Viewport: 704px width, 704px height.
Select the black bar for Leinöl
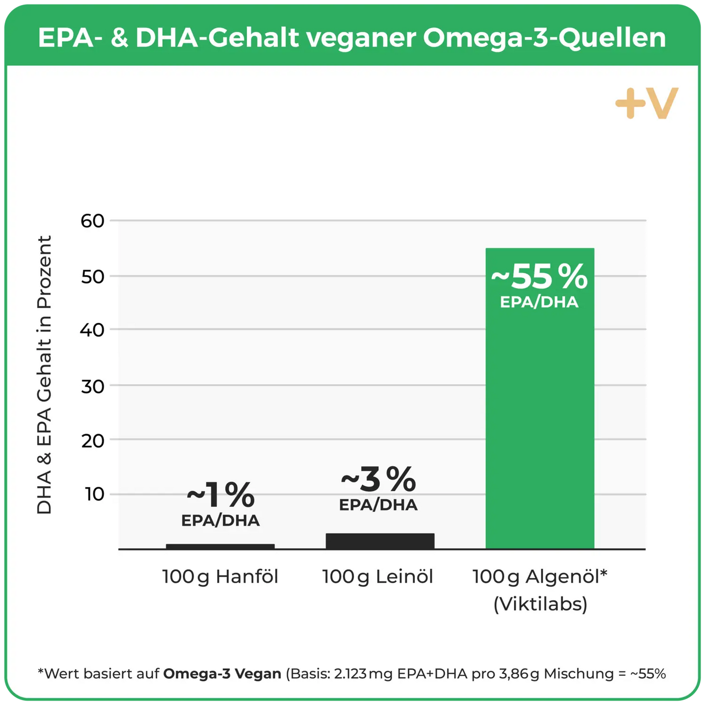[380, 541]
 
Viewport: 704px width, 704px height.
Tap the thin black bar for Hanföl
[220, 547]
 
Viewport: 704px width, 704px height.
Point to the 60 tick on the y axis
[93, 221]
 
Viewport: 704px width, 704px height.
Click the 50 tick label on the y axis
[93, 276]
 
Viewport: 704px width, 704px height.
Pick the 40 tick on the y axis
[93, 330]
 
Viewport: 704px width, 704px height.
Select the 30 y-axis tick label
[93, 386]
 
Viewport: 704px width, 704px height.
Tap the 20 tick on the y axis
[93, 441]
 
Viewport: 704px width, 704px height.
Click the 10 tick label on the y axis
[94, 494]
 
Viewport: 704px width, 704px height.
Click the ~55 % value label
[539, 277]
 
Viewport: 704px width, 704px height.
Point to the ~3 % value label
[379, 479]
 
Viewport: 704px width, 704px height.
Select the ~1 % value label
[221, 495]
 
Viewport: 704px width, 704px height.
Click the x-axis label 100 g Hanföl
[220, 576]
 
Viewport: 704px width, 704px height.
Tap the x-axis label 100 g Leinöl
[378, 576]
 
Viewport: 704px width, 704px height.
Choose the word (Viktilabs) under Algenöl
[540, 604]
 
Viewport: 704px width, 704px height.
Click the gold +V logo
[647, 103]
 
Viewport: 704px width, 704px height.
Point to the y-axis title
[44, 375]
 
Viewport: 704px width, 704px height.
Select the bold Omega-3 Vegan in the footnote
[222, 673]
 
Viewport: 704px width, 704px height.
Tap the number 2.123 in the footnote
[350, 673]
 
